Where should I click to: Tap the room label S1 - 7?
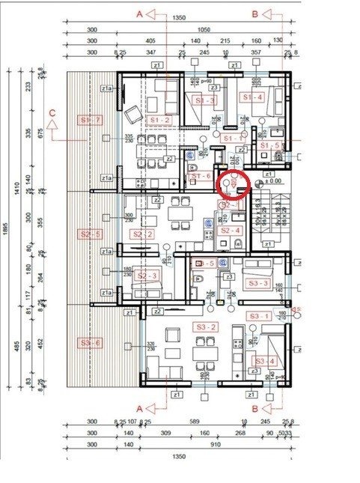point(90,120)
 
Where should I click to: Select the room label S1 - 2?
point(160,120)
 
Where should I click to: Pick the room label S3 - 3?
point(257,283)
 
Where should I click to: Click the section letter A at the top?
point(140,13)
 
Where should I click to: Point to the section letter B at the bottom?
point(255,407)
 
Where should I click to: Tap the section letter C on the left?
point(52,112)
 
